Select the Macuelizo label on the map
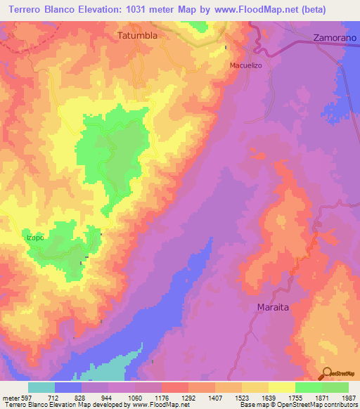pos(246,65)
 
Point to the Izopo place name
pos(35,238)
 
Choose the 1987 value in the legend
pos(348,397)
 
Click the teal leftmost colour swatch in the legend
pos(41,387)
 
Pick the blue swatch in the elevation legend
pos(68,387)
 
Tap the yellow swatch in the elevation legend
pos(282,387)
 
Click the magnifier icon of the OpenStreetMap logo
pos(326,372)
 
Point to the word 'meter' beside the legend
pos(10,397)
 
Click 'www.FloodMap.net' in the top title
pos(230,10)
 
